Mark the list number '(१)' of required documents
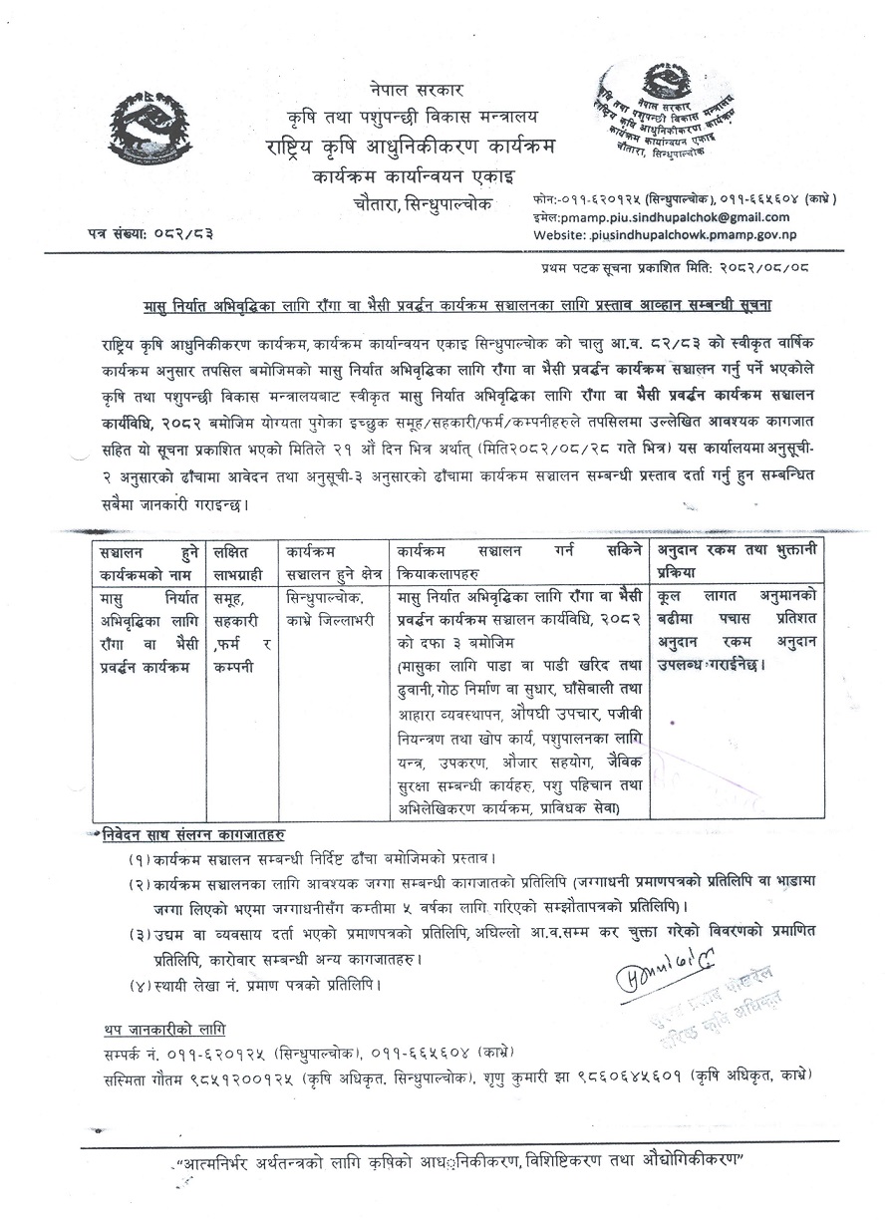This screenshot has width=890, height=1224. tap(141, 858)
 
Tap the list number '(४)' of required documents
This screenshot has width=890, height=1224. tap(141, 985)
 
